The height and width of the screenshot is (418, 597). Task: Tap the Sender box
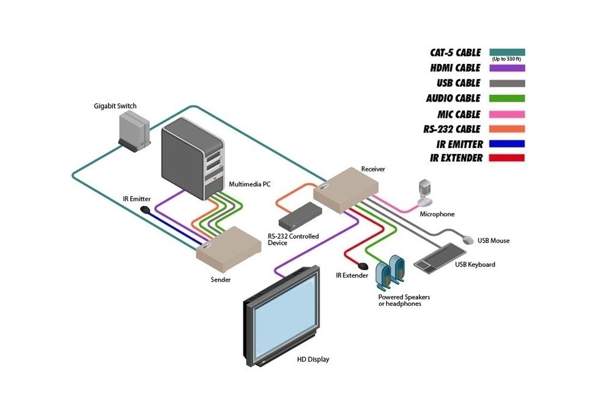(x=229, y=248)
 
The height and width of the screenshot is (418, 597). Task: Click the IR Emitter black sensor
(x=145, y=210)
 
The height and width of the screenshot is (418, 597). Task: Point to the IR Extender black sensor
(x=362, y=266)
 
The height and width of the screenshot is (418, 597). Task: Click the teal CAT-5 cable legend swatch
(x=507, y=52)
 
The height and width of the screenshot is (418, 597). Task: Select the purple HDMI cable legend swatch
(x=507, y=68)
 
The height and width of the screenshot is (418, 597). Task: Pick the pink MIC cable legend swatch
(x=507, y=113)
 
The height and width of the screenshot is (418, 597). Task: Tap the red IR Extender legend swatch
(x=507, y=158)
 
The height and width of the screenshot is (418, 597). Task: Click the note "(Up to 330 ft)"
(x=507, y=59)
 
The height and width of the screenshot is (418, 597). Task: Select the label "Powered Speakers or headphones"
(x=404, y=300)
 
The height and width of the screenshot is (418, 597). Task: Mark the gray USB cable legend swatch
(x=507, y=83)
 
